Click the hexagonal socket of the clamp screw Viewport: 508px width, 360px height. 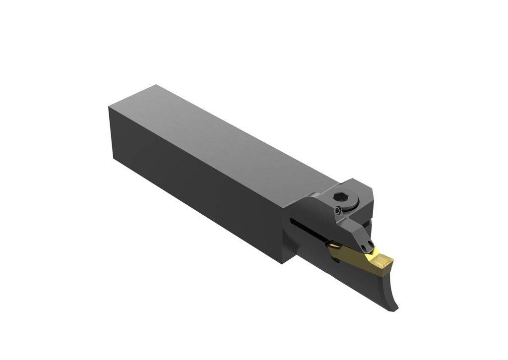pyautogui.click(x=343, y=197)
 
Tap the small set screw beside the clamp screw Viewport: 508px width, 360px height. pyautogui.click(x=338, y=211)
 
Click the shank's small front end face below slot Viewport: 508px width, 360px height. pyautogui.click(x=289, y=248)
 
